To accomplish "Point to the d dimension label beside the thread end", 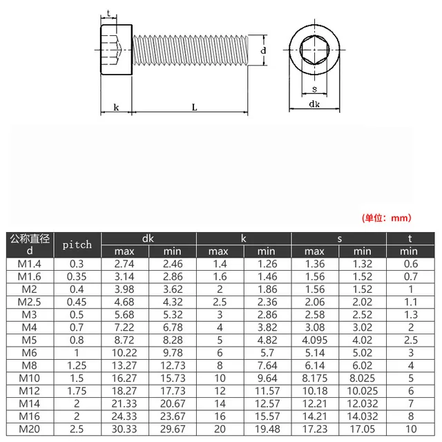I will tap(263, 51).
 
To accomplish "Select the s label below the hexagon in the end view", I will tap(314, 89).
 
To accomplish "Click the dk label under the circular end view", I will tap(314, 104).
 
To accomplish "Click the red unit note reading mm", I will tap(386, 218).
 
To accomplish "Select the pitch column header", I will tap(77, 244).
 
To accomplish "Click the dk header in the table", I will tap(148, 238).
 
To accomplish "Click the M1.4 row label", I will tap(29, 264).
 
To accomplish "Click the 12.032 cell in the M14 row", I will tap(362, 403).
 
